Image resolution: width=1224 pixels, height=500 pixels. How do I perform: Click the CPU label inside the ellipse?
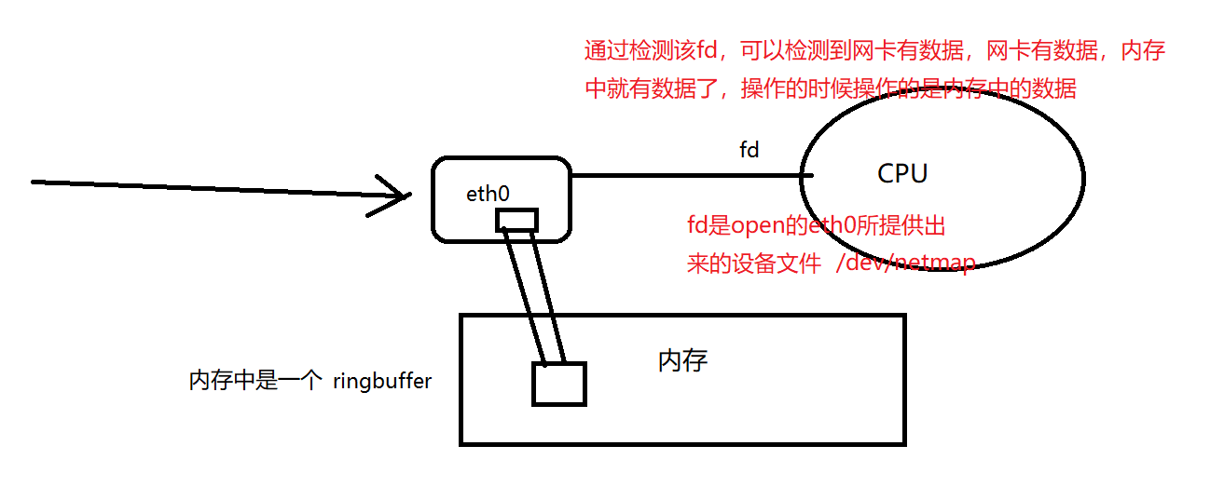902,174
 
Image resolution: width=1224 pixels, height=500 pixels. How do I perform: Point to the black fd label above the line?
749,150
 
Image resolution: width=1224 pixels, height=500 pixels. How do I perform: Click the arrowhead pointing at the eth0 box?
396,196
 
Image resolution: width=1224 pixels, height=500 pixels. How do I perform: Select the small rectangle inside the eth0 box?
516,220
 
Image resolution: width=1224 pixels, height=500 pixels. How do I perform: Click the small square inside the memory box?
558,384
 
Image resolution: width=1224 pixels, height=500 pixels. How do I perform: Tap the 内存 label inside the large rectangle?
682,361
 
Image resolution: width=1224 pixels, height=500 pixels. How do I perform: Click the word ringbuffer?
382,381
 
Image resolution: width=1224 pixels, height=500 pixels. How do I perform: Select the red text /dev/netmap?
905,263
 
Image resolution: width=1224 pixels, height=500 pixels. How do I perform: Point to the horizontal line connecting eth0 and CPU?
685,175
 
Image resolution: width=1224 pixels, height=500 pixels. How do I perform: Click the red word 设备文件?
783,264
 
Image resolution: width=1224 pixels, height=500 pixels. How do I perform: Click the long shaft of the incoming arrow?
205,188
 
